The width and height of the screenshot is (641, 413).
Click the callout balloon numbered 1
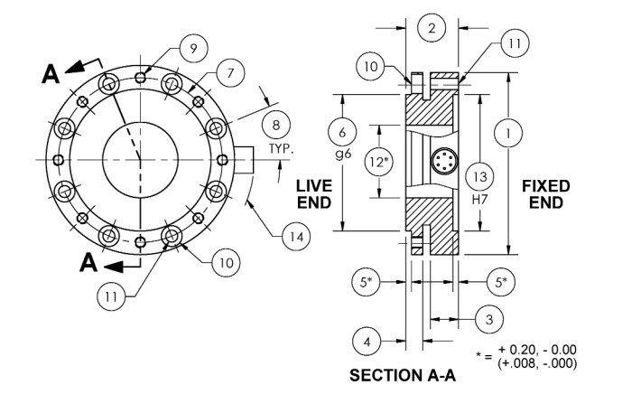[508, 134]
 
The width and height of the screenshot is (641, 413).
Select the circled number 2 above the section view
[432, 28]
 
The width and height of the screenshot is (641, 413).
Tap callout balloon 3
[489, 319]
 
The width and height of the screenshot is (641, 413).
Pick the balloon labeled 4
[367, 342]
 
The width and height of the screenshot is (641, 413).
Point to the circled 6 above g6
[342, 132]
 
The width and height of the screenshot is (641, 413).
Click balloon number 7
[230, 73]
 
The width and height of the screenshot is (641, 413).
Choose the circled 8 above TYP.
[276, 125]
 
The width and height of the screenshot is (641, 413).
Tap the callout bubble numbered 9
[193, 49]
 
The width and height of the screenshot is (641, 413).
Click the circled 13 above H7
[480, 176]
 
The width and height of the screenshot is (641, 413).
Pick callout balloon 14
[296, 237]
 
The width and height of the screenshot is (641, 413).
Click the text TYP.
[281, 148]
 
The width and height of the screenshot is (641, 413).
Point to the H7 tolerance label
[480, 200]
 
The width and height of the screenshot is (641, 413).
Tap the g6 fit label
[342, 155]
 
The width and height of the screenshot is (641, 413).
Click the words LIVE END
[314, 194]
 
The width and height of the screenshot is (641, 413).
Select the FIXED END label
[545, 194]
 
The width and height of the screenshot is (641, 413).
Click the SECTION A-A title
[403, 375]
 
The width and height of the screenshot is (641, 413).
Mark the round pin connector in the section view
[444, 161]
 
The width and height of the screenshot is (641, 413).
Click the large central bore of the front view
[140, 160]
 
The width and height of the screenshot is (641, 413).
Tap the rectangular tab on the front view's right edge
[244, 160]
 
